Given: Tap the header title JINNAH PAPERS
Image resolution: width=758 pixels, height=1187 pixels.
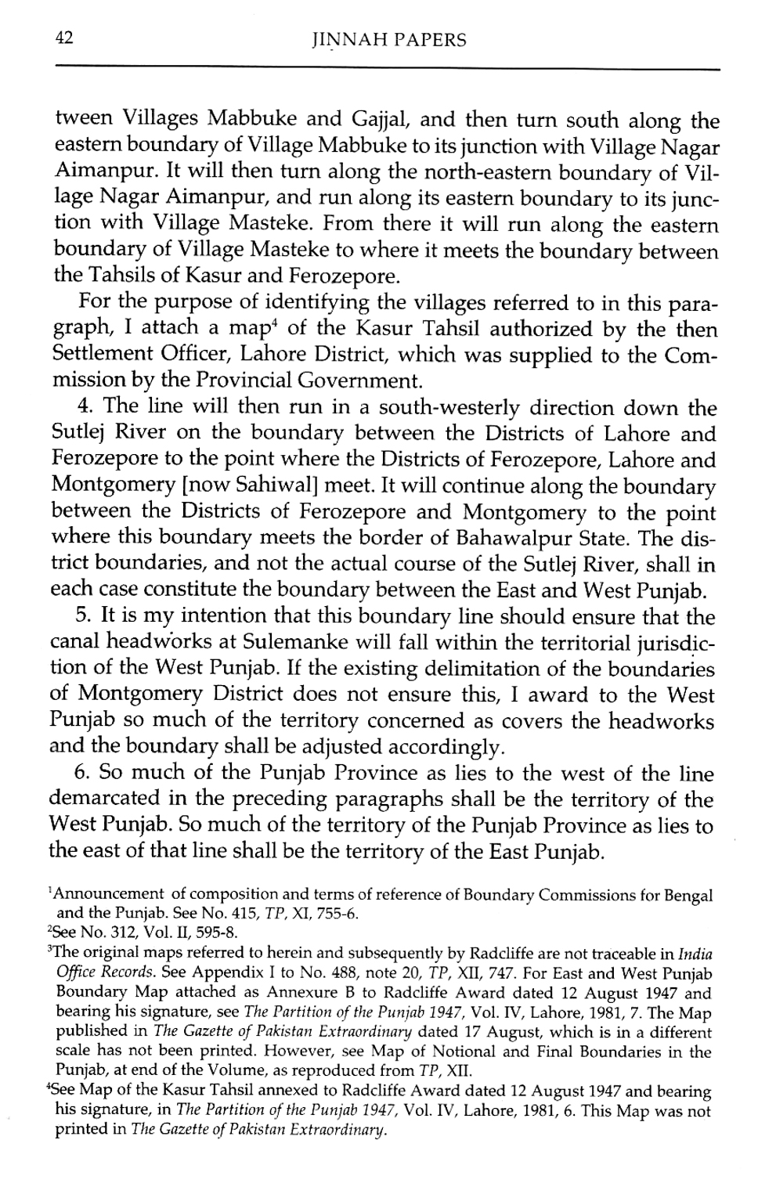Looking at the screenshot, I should pyautogui.click(x=388, y=40).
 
